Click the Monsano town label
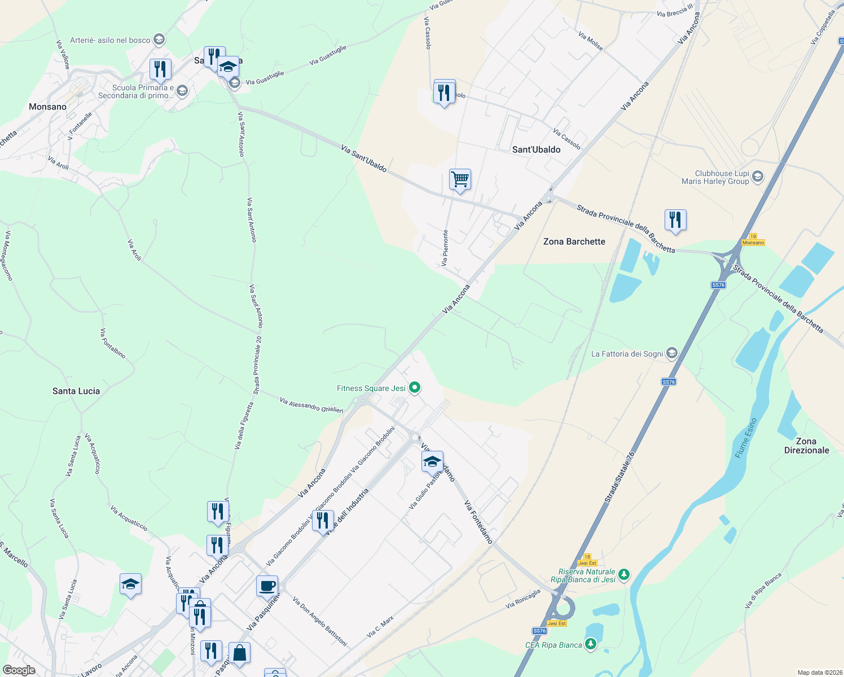click(x=47, y=107)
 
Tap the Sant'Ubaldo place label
click(x=536, y=150)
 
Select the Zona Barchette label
click(x=574, y=241)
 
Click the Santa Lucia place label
click(x=76, y=391)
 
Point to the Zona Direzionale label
click(x=806, y=446)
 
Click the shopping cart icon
click(x=460, y=180)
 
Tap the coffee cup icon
click(x=267, y=586)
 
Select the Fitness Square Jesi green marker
click(x=415, y=387)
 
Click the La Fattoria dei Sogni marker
click(x=671, y=354)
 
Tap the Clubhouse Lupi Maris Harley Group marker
click(x=758, y=177)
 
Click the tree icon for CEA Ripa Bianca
click(x=591, y=644)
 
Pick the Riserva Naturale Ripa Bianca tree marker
click(x=623, y=575)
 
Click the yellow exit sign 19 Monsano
click(x=753, y=240)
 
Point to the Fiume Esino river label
click(x=746, y=438)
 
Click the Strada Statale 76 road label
click(x=619, y=477)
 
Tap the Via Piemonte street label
click(x=445, y=248)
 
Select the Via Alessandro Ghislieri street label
click(x=311, y=405)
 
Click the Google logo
click(x=19, y=670)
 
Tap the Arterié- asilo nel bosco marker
click(x=159, y=39)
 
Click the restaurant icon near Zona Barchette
click(x=675, y=219)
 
